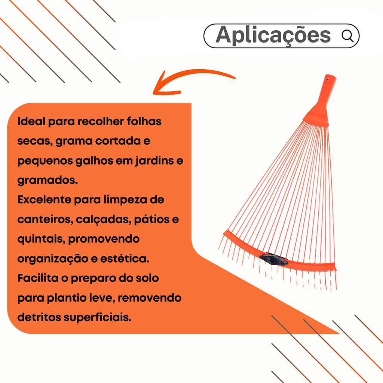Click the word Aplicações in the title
273,36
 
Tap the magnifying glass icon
347,36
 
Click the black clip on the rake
274,259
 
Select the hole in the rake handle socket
329,79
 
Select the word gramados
47,180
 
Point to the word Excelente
44,200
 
